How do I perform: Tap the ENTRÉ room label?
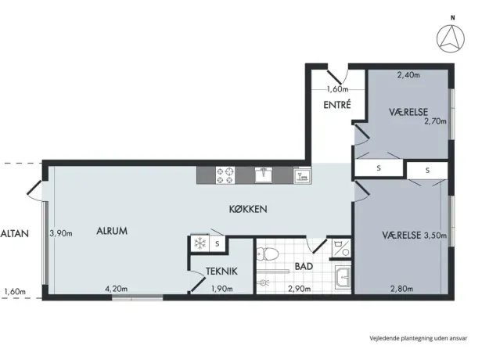coord(337,105)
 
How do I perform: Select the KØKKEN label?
coord(248,209)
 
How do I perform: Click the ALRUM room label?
coord(112,231)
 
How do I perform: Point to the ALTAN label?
coord(14,233)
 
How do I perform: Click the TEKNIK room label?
coord(221,271)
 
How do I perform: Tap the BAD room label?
coord(304,266)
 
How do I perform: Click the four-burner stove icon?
coord(225,175)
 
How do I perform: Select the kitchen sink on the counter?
coord(264,175)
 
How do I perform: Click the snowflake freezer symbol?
coord(200,243)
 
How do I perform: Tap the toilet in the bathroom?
coord(268,254)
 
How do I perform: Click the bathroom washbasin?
coord(343,276)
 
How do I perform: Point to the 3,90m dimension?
coord(61,233)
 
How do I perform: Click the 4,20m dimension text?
coord(116,289)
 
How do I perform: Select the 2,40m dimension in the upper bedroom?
coord(408,75)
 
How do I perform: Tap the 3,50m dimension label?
coord(435,236)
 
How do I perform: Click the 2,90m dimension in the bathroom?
coord(299,289)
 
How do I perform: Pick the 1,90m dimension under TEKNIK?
coord(221,289)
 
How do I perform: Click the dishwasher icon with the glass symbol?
coord(302,175)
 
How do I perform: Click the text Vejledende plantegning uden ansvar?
coord(419,338)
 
